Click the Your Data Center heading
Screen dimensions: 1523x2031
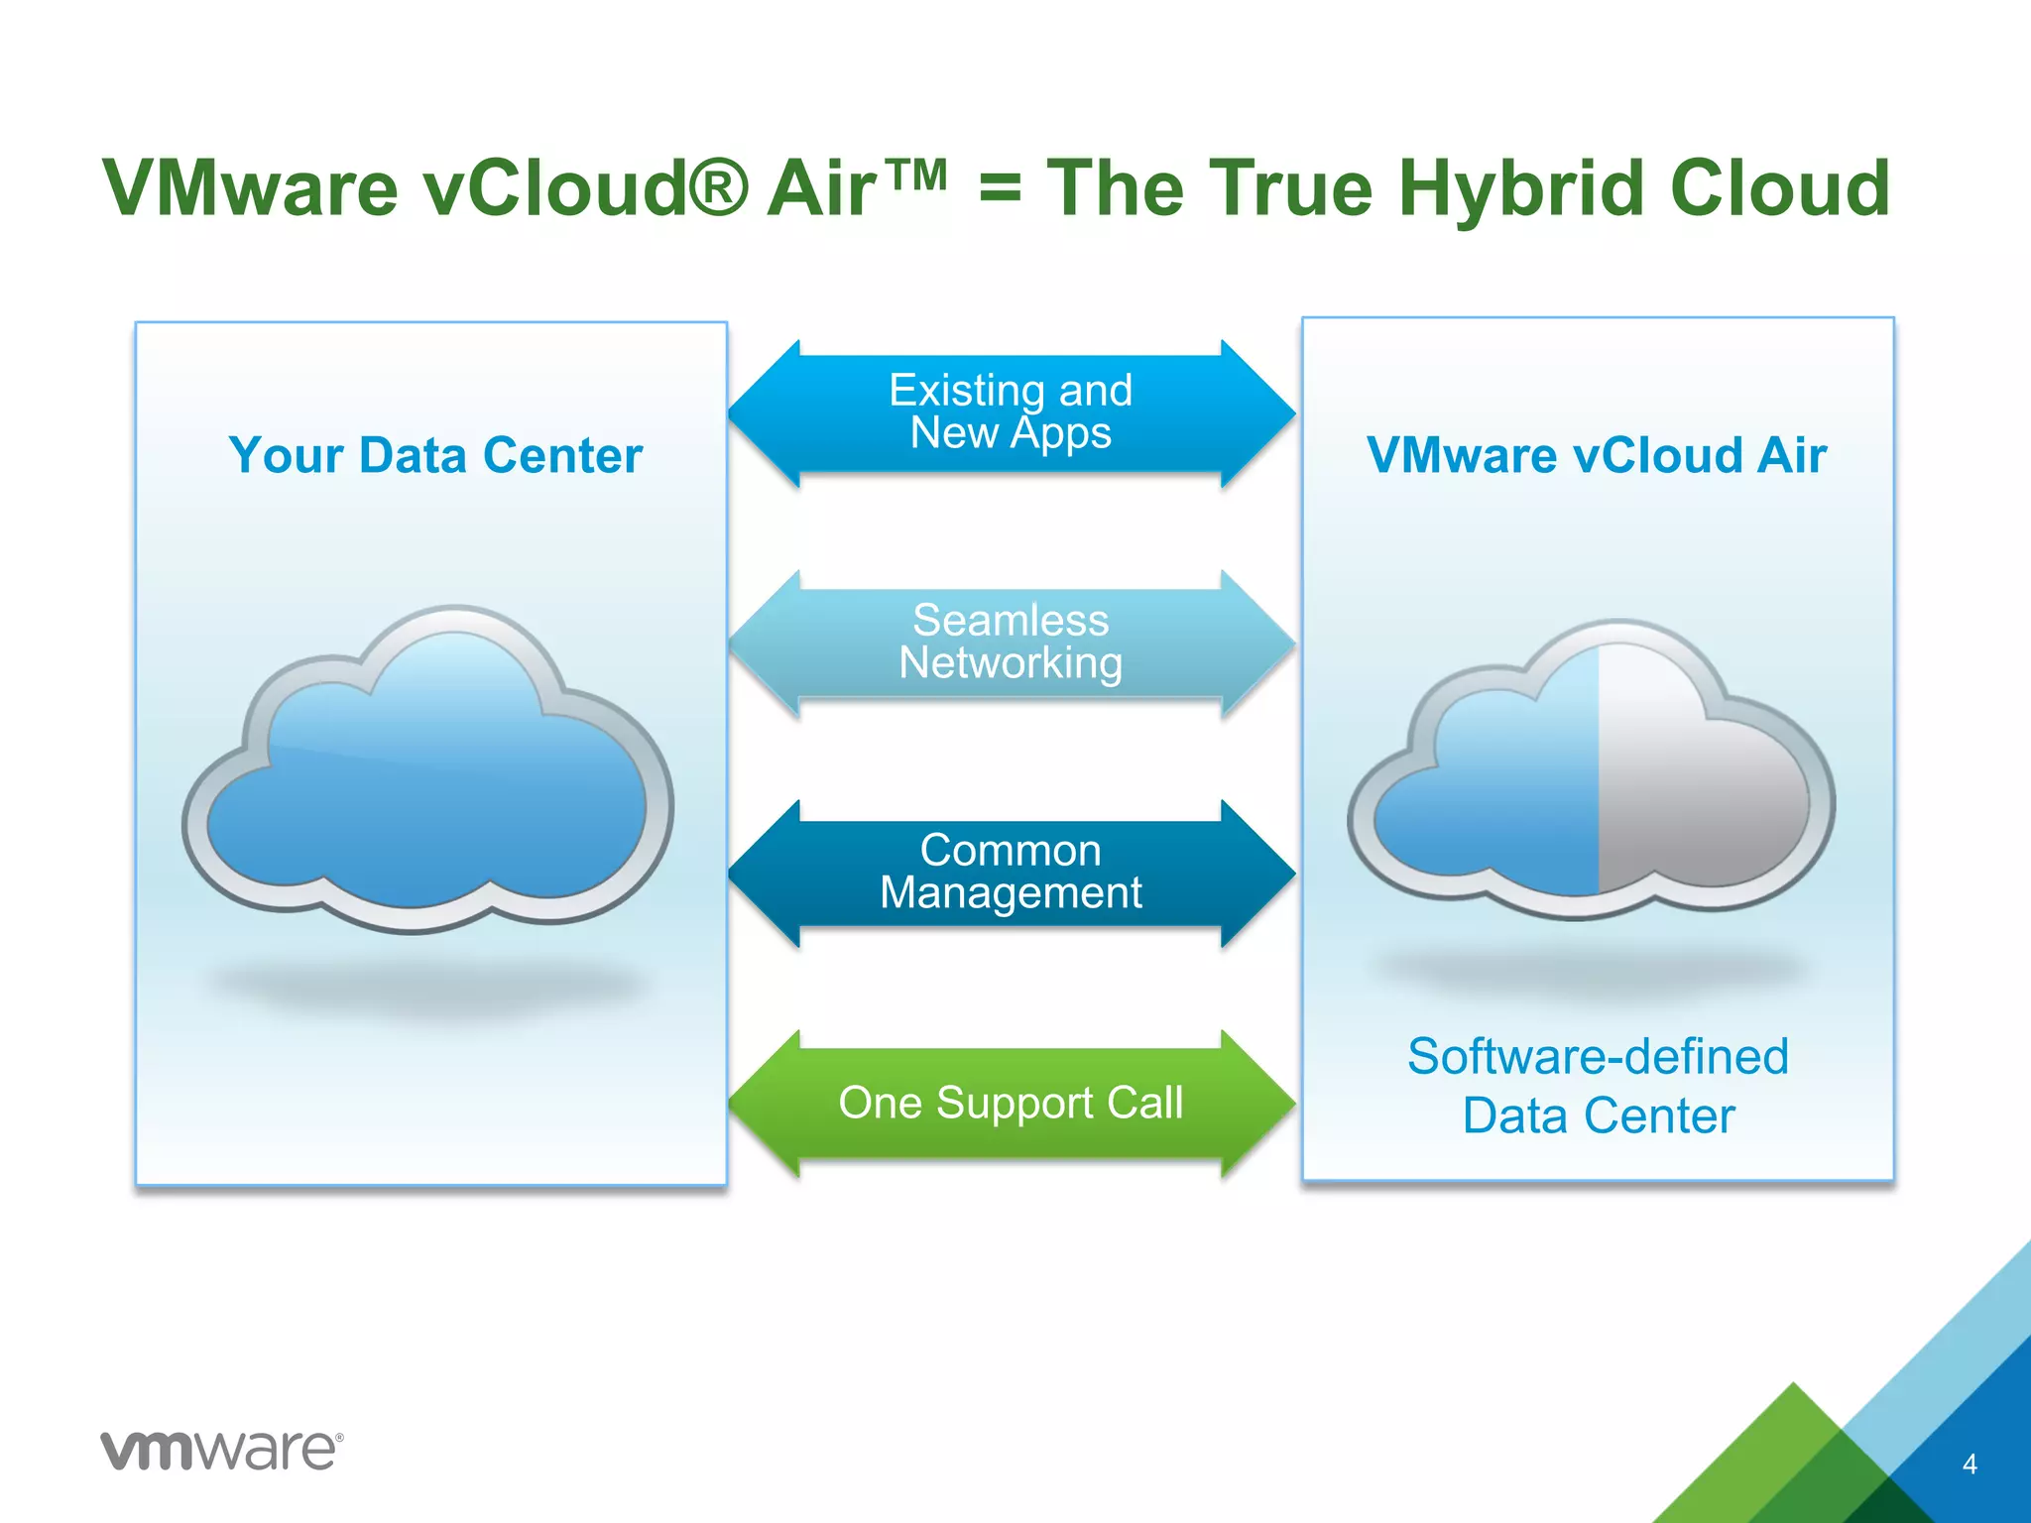pyautogui.click(x=435, y=456)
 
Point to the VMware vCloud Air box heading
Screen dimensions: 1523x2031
pyautogui.click(x=1596, y=456)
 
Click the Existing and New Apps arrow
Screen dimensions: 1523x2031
pyautogui.click(x=1011, y=412)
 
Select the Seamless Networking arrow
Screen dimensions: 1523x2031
pyautogui.click(x=1011, y=643)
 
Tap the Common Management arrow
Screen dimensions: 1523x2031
pyautogui.click(x=1011, y=873)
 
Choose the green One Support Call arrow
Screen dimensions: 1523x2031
pyautogui.click(x=1011, y=1103)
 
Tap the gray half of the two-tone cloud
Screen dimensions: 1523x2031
pyautogui.click(x=1696, y=793)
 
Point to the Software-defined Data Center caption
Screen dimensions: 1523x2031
pyautogui.click(x=1598, y=1086)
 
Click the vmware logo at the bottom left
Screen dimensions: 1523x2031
pyautogui.click(x=221, y=1451)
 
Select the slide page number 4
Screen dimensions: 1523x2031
pyautogui.click(x=1970, y=1464)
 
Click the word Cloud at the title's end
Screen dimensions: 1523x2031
pyautogui.click(x=1780, y=188)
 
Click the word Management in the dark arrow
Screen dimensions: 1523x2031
pyautogui.click(x=1011, y=893)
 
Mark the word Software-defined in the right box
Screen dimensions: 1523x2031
pyautogui.click(x=1598, y=1056)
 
